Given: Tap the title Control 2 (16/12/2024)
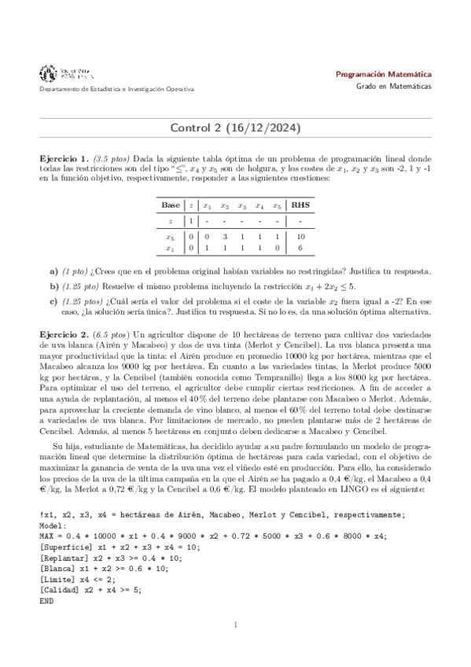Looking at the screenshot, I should click(x=235, y=127).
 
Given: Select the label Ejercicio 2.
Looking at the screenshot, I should click(x=64, y=334).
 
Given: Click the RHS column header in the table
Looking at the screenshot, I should click(x=301, y=205).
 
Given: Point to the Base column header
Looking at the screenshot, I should click(x=171, y=205).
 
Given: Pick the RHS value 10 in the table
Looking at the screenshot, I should click(x=301, y=237).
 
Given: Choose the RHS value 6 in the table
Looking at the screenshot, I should click(x=301, y=248).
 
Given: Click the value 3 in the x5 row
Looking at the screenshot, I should click(x=224, y=237).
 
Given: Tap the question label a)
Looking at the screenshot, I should click(x=53, y=271).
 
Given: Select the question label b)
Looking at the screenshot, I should click(x=53, y=286).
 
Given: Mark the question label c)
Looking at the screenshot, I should click(x=53, y=300).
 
